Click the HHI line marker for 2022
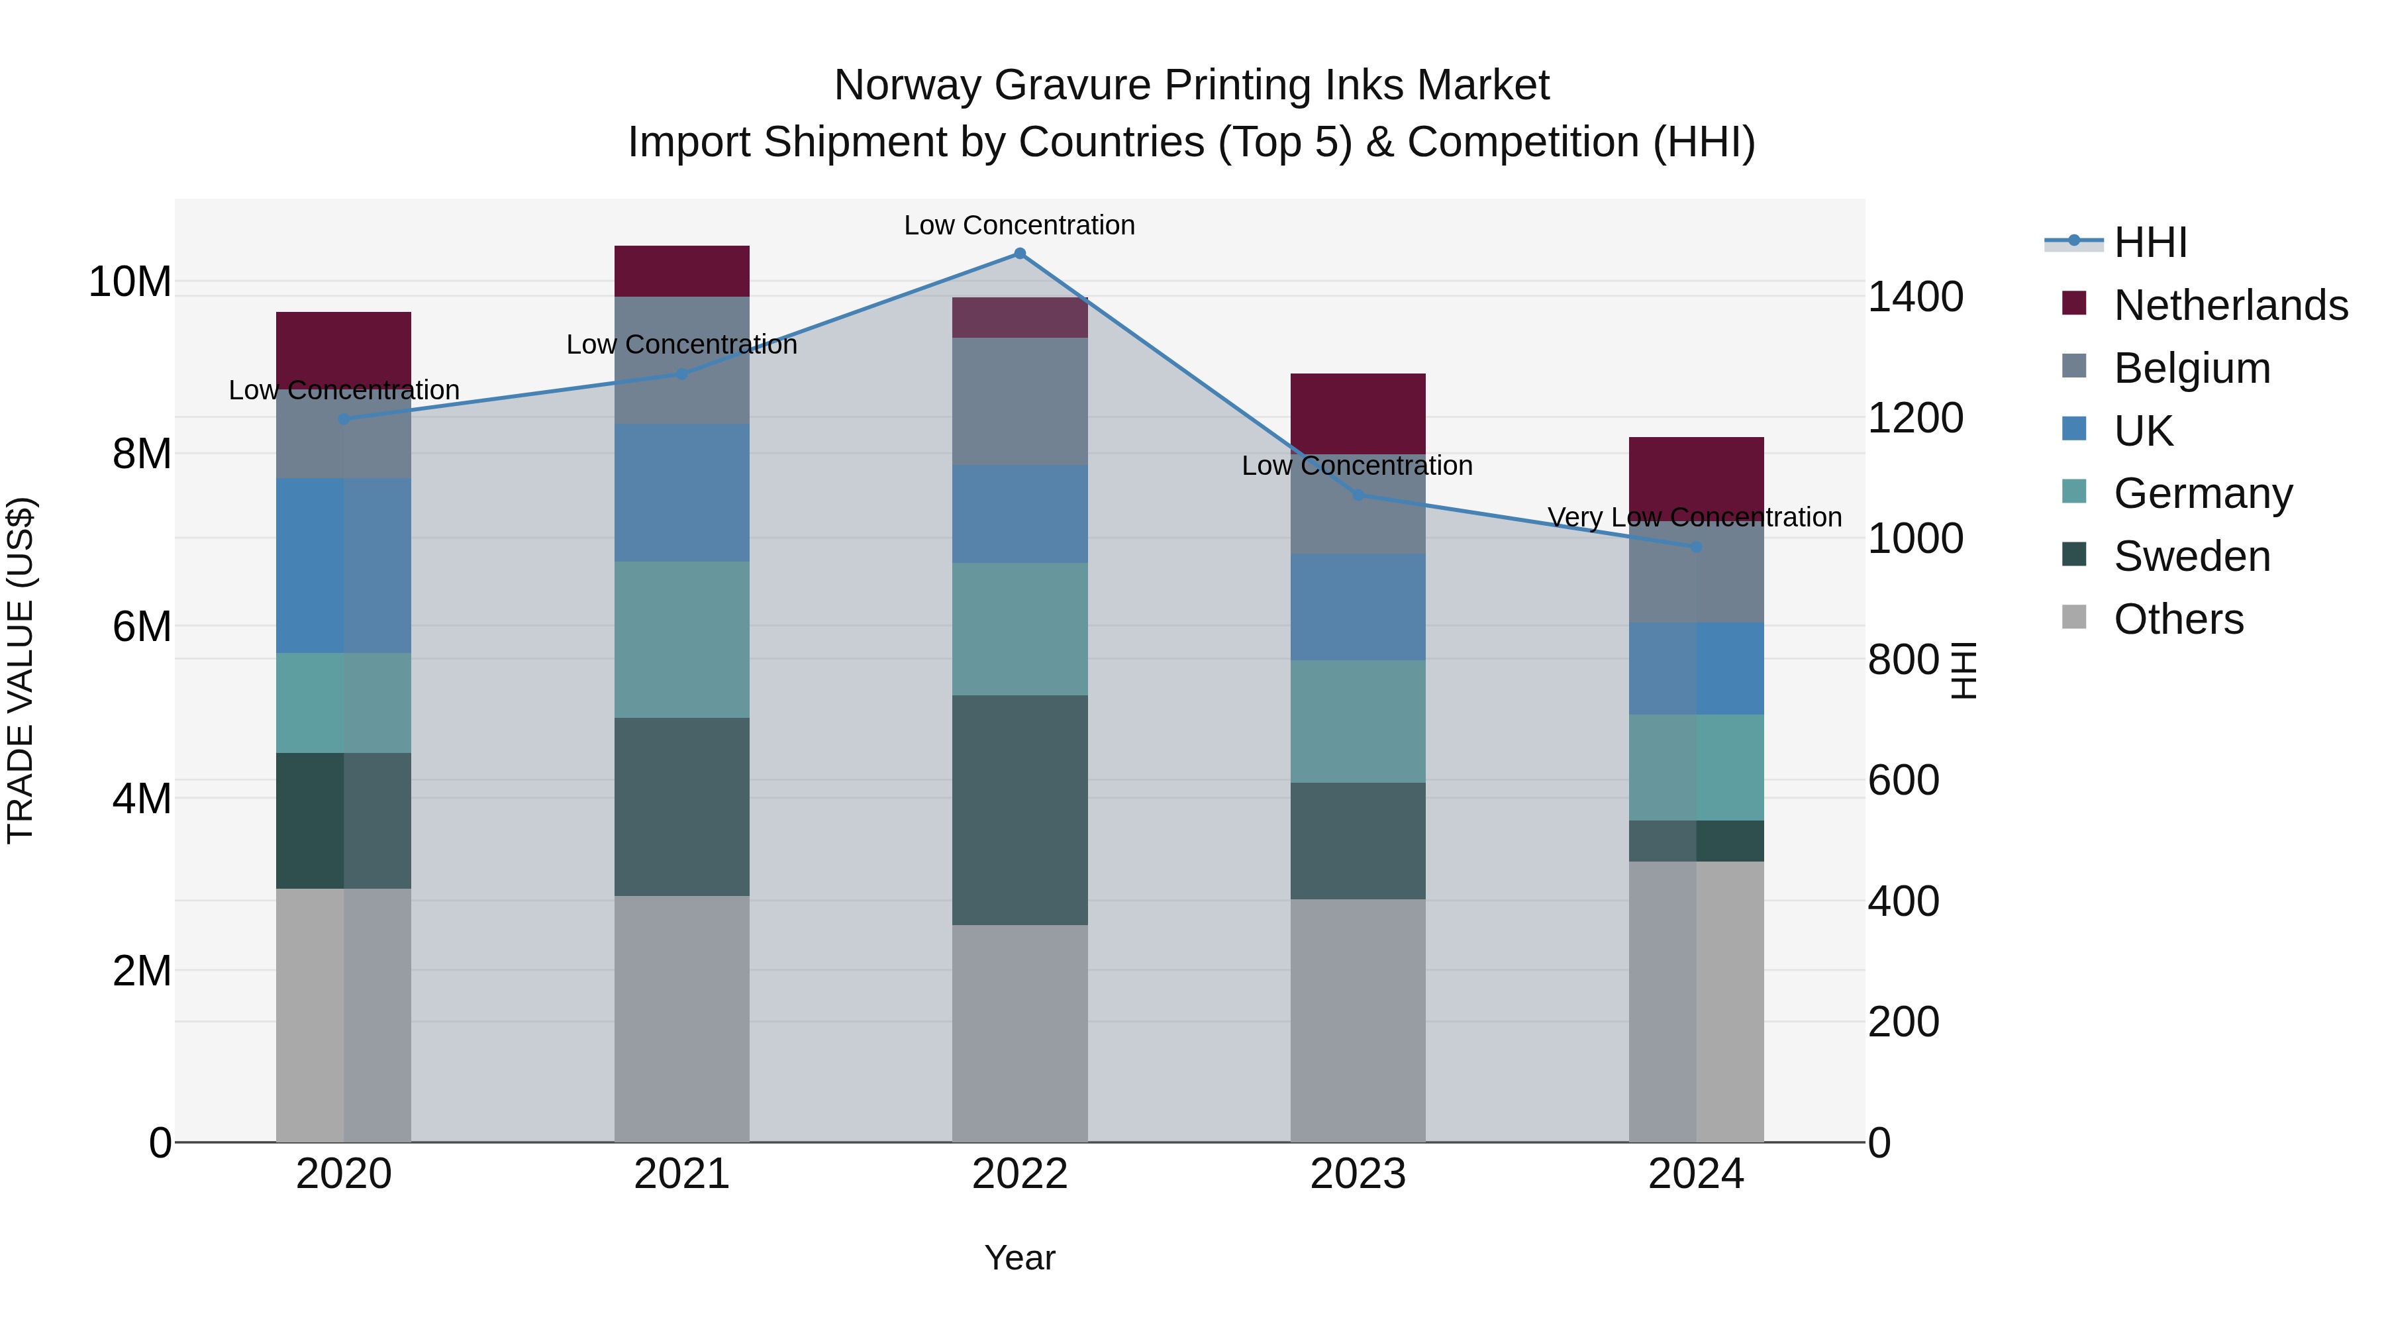1019,254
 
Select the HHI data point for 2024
1695,547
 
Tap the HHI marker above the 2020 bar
343,419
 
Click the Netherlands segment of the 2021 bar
681,271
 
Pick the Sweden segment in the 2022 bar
1019,810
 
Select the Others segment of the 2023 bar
1358,1020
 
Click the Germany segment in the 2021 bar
681,640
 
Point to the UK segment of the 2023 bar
1358,607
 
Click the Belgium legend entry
2191,368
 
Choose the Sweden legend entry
2191,557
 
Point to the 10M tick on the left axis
130,281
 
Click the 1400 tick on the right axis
1914,297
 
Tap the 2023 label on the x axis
1358,1174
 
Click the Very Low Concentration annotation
1695,517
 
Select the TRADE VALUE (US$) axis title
21,670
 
